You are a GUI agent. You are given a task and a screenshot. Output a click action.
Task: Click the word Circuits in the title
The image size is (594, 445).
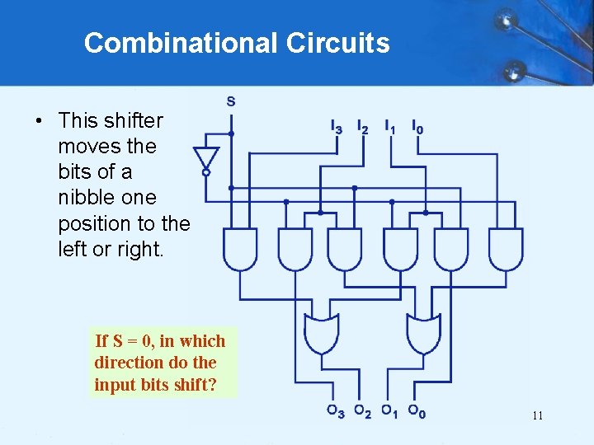337,43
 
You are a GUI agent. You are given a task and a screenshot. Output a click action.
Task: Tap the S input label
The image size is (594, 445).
230,101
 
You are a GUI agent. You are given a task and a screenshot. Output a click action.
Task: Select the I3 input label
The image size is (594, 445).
336,128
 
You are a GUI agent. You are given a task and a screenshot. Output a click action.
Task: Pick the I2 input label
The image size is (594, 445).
362,128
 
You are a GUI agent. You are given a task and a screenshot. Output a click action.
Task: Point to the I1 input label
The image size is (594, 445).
389,128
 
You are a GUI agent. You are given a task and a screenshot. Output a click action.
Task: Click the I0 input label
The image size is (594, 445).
418,128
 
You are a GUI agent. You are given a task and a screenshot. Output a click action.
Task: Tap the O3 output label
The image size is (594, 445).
334,411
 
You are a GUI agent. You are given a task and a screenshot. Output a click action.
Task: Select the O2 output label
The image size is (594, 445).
361,411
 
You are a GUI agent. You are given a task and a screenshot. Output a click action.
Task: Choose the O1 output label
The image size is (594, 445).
389,411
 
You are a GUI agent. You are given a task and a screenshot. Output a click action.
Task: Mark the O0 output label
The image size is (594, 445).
417,411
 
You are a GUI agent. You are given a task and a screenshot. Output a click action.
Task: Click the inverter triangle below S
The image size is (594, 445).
206,158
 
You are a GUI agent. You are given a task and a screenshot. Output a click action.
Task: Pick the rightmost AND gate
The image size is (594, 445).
505,249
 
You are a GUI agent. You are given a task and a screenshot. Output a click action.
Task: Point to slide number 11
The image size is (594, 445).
537,415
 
